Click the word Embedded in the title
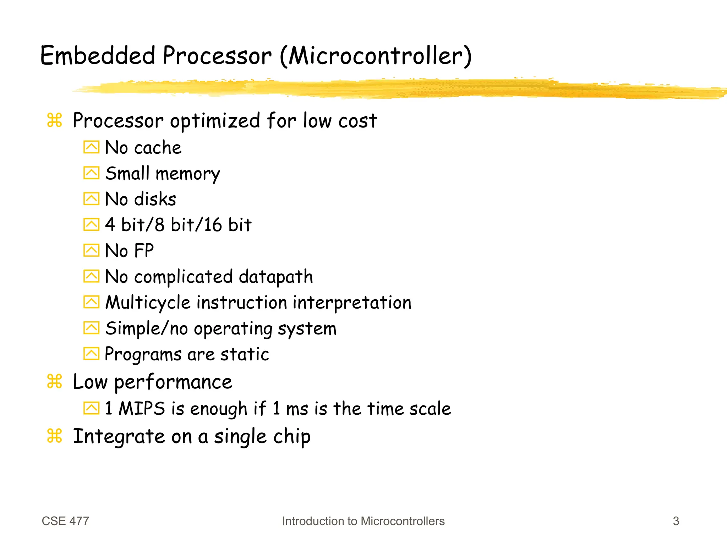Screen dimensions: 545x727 coord(98,56)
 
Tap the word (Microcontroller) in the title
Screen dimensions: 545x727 coord(376,56)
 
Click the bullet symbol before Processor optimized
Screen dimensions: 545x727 coord(54,120)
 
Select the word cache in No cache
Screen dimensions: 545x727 coord(158,147)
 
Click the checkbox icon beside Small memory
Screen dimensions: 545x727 coord(91,173)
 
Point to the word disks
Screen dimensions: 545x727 coord(155,199)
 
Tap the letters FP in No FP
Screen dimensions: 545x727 coord(144,251)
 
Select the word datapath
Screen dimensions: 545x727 coord(276,277)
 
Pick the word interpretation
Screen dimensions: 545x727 coord(352,303)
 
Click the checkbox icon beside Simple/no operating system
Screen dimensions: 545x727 coord(91,328)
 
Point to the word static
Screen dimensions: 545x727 coord(245,354)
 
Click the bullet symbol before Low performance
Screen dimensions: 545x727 coord(54,381)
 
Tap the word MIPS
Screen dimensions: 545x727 coord(142,408)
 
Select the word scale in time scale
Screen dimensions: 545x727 coord(430,408)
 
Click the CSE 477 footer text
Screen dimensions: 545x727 coord(65,521)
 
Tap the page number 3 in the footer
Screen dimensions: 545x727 coord(676,521)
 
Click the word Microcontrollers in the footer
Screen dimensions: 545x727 coord(403,521)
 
